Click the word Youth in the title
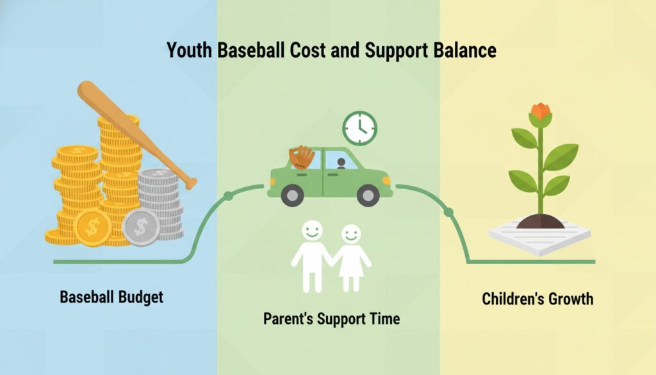(190, 50)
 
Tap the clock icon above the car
(360, 128)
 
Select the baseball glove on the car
(302, 157)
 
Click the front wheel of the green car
(368, 195)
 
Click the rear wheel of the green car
(292, 195)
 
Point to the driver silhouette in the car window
(341, 163)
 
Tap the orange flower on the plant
(540, 112)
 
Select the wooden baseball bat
(137, 135)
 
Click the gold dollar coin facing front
(92, 228)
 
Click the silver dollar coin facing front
(141, 228)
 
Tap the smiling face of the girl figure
(350, 235)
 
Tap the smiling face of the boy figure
(312, 231)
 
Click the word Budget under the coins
(140, 297)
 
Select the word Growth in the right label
(571, 299)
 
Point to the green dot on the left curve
(228, 196)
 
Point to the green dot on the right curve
(448, 212)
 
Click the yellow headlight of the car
(386, 181)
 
